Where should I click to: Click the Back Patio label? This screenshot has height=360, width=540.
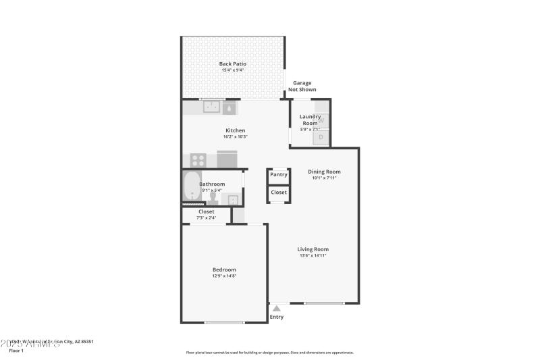[x=232, y=63]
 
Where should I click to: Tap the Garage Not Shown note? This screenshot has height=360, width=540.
[x=302, y=86]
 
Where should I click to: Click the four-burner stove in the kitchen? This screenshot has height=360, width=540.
[x=198, y=161]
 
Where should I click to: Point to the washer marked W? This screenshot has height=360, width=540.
[x=321, y=120]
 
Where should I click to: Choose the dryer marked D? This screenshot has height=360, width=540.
[x=321, y=137]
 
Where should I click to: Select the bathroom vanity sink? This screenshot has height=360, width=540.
[x=233, y=199]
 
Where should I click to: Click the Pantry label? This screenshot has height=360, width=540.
[x=278, y=174]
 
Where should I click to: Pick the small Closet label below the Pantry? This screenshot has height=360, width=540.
[x=278, y=192]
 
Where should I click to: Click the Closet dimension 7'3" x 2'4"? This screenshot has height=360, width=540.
[x=206, y=218]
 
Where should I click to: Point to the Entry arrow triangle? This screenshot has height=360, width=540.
[x=276, y=309]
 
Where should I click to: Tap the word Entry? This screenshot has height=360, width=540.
[x=277, y=317]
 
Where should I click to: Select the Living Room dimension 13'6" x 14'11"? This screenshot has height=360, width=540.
[x=313, y=255]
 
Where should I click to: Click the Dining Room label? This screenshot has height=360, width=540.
[x=324, y=172]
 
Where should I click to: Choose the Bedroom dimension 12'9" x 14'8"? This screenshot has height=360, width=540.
[x=225, y=276]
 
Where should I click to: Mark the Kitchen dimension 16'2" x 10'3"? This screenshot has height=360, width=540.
[x=235, y=137]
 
